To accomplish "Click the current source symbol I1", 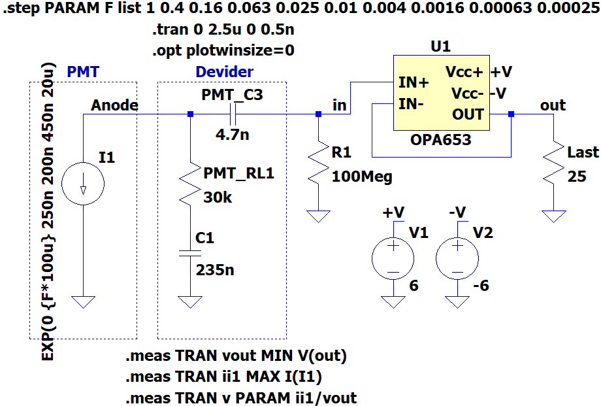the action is pyautogui.click(x=83, y=184).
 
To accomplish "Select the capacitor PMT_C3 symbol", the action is pyautogui.click(x=233, y=114).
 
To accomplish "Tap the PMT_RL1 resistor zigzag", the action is pyautogui.click(x=190, y=184).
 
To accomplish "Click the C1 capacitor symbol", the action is pyautogui.click(x=190, y=253).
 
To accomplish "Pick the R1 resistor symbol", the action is pyautogui.click(x=319, y=163).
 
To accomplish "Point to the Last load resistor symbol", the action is pyautogui.click(x=553, y=163).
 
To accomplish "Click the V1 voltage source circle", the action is pyautogui.click(x=393, y=258).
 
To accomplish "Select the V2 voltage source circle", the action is pyautogui.click(x=457, y=258).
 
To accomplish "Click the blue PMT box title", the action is pyautogui.click(x=83, y=72).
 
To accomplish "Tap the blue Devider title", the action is pyautogui.click(x=225, y=72).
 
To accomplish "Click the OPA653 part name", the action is pyautogui.click(x=441, y=140).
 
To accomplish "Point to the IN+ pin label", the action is pyautogui.click(x=414, y=82).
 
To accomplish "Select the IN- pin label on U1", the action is pyautogui.click(x=411, y=103).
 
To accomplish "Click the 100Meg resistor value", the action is pyautogui.click(x=362, y=177).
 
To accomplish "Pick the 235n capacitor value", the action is pyautogui.click(x=215, y=270).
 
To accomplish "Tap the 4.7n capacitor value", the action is pyautogui.click(x=233, y=135).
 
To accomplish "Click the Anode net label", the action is pyautogui.click(x=114, y=105).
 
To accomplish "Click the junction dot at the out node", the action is pyautogui.click(x=511, y=114).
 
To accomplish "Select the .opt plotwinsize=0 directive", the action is pyautogui.click(x=223, y=50).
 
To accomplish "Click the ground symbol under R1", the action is pyautogui.click(x=319, y=216).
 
